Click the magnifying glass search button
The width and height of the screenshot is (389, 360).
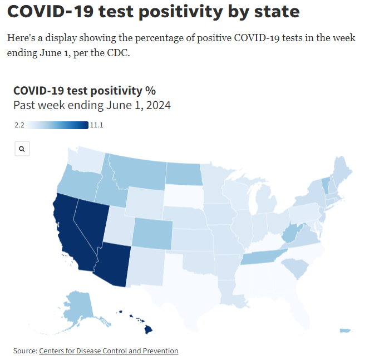(x=22, y=149)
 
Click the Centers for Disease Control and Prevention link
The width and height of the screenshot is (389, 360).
(x=109, y=351)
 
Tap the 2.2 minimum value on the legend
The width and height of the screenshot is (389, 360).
(x=19, y=125)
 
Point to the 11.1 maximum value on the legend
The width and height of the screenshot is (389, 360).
(x=97, y=125)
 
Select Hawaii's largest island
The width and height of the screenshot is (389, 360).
(x=148, y=329)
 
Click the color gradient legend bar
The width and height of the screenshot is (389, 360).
(x=58, y=125)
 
